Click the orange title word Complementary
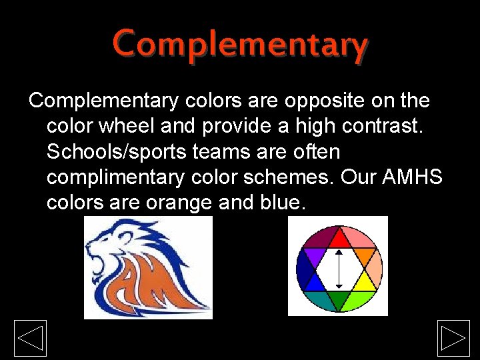tap(240, 45)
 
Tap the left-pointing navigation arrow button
tap(30, 338)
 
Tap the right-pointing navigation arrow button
tap(453, 338)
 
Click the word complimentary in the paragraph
tap(119, 178)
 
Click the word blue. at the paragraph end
tap(279, 203)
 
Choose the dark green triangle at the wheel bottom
tap(339, 300)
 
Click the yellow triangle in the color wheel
tap(365, 282)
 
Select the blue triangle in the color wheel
tap(314, 282)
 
